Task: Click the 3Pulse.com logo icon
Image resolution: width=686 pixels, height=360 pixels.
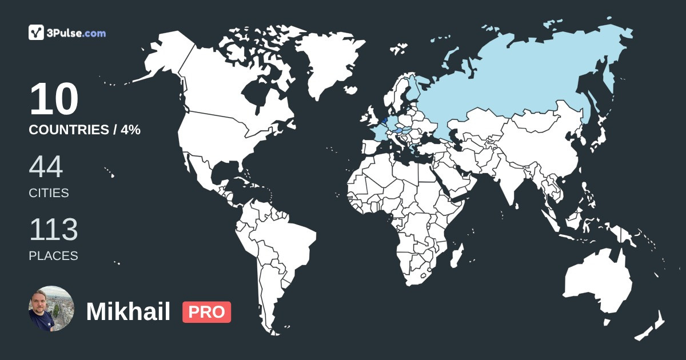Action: click(x=37, y=33)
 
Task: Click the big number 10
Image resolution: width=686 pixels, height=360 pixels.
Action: click(x=54, y=100)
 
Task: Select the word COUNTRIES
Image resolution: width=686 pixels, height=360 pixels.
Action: click(x=69, y=130)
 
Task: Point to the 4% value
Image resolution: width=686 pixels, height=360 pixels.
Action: click(x=131, y=130)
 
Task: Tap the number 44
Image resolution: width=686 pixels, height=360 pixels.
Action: click(x=46, y=167)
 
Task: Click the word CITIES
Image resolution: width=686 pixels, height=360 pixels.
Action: click(x=49, y=193)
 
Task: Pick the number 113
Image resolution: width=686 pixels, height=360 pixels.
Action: click(x=53, y=230)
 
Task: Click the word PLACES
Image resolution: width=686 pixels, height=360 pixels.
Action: click(x=53, y=255)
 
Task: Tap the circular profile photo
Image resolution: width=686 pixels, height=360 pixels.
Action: click(x=51, y=309)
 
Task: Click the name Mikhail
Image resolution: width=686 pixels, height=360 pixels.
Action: click(x=128, y=312)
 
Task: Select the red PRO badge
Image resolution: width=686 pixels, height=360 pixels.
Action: click(x=206, y=312)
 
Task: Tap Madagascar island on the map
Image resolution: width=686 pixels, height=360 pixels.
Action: click(x=456, y=258)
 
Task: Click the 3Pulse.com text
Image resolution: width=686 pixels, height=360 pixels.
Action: click(x=78, y=33)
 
